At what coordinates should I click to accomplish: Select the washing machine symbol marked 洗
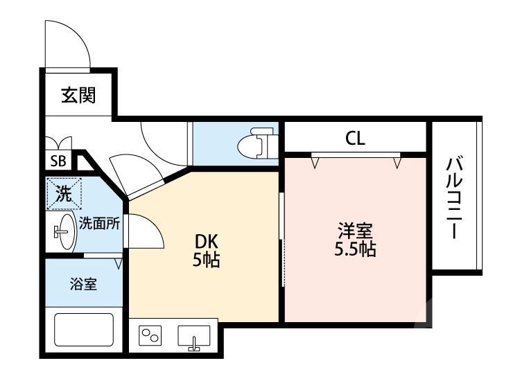click(64, 194)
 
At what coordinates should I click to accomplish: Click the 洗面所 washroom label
click(99, 223)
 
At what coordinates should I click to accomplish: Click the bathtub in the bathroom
click(83, 334)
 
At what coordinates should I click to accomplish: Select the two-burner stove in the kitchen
click(152, 336)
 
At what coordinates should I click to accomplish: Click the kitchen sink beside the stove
click(194, 336)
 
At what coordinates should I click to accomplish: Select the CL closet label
click(355, 139)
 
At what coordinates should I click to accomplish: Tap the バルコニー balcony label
click(454, 198)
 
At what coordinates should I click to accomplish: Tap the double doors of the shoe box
click(58, 143)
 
